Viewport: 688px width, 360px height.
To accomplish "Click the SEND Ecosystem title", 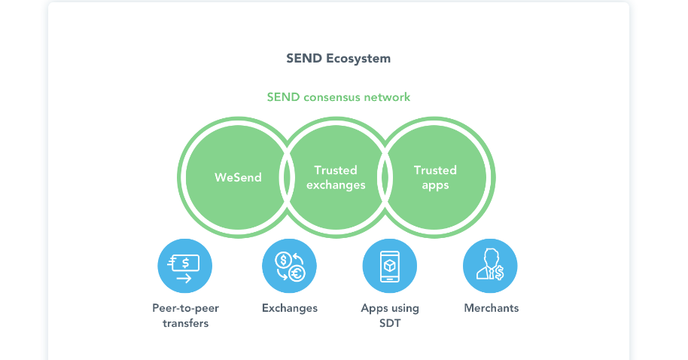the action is tap(338, 59).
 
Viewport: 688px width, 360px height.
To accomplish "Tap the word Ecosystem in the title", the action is tap(358, 59).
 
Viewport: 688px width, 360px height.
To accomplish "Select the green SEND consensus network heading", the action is tap(338, 97).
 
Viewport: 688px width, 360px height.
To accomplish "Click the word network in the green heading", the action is tap(387, 97).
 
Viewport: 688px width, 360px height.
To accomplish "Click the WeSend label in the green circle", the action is tap(238, 178).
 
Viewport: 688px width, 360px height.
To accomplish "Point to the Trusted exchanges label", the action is tap(336, 178).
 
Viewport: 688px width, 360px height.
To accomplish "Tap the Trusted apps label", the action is tap(435, 178).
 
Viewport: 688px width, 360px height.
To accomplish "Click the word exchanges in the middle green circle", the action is tap(336, 185).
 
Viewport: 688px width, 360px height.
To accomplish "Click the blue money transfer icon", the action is tap(184, 266).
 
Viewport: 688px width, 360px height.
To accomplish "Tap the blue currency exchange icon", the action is tap(289, 266).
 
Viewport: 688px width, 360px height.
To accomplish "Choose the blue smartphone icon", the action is tap(390, 266).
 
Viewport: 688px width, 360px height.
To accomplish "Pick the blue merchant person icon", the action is tap(490, 266).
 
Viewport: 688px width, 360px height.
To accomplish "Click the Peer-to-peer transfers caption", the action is tap(185, 316).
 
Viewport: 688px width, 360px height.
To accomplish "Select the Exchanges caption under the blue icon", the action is tap(290, 308).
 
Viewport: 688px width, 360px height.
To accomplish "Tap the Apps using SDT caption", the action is tap(390, 316).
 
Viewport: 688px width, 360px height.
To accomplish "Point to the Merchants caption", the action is tap(492, 308).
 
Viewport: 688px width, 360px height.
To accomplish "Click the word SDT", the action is tap(390, 323).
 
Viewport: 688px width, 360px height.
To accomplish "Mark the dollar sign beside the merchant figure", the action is tap(499, 273).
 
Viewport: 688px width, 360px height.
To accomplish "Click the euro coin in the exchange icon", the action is tap(297, 273).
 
